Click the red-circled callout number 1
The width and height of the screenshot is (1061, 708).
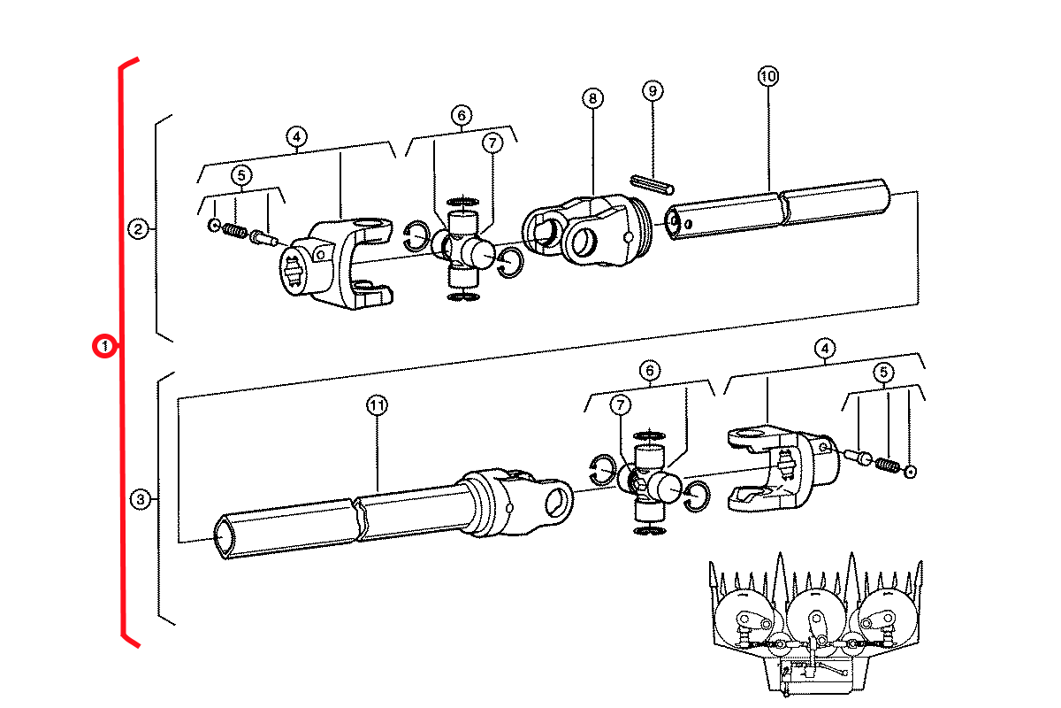point(104,346)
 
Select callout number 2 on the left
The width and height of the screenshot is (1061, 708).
point(138,229)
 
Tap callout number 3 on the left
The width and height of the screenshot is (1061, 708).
point(141,499)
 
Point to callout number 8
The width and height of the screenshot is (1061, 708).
point(592,98)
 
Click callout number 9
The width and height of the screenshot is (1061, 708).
point(653,90)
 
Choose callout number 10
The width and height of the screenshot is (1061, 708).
point(767,76)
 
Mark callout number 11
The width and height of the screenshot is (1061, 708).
point(377,405)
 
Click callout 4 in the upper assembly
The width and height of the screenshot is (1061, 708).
point(296,137)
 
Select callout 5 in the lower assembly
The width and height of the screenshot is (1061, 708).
point(883,373)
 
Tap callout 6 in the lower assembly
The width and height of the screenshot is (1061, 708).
point(650,370)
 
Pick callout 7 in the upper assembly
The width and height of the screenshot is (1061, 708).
point(492,142)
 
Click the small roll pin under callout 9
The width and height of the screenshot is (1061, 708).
point(652,185)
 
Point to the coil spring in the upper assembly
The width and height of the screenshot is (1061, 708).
point(234,230)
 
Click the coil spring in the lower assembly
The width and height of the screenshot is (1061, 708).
point(887,466)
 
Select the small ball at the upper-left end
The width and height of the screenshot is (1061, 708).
point(214,225)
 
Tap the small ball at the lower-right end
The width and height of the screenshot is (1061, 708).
point(910,472)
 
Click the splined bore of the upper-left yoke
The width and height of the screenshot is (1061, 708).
point(294,272)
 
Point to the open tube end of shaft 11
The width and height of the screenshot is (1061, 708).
point(225,538)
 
